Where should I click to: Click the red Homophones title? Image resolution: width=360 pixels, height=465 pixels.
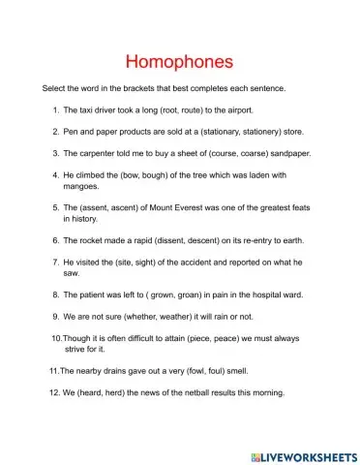(x=180, y=62)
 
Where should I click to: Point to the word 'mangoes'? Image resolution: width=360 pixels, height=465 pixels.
(x=83, y=186)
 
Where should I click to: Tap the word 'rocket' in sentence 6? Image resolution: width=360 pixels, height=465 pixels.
(x=94, y=239)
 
